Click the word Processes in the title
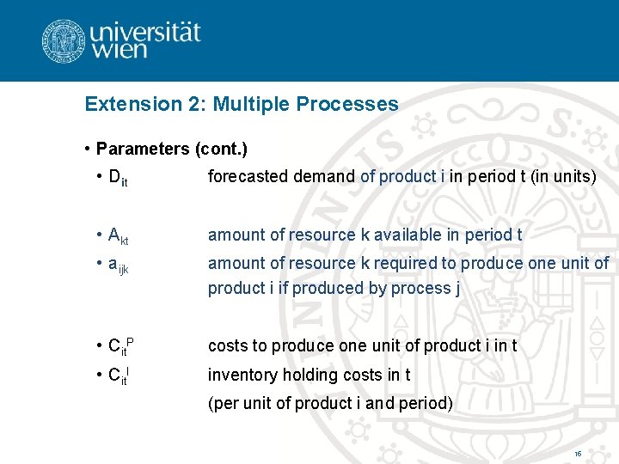(x=347, y=105)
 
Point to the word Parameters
(x=143, y=149)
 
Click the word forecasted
(x=248, y=176)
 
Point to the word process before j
(x=420, y=289)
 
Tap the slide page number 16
(x=578, y=453)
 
